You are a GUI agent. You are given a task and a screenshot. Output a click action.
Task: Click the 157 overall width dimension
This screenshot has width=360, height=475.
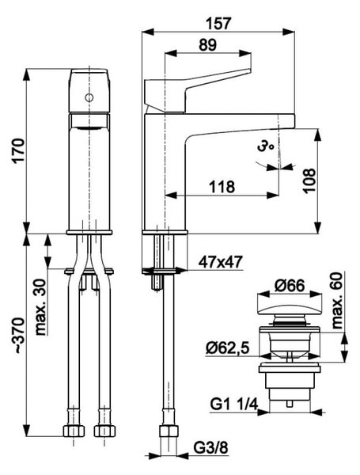218,24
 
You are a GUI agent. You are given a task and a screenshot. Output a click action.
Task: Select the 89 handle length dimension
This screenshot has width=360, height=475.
208,45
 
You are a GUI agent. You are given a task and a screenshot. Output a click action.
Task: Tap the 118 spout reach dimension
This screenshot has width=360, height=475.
222,187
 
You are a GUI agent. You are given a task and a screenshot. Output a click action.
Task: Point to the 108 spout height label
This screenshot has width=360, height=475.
309,180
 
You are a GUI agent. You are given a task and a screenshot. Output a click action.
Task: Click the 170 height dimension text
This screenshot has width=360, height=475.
19,151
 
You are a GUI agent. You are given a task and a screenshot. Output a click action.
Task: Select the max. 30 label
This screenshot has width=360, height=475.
41,307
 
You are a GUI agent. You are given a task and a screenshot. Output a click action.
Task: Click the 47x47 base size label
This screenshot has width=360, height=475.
221,262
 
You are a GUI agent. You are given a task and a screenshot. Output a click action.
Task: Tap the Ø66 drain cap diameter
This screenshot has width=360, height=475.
289,285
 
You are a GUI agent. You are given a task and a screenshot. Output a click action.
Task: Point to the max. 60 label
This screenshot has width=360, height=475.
337,301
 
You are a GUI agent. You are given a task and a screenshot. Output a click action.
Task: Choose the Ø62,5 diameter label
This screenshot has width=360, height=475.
227,348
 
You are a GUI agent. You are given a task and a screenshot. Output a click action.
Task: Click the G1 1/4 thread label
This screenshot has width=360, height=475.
233,404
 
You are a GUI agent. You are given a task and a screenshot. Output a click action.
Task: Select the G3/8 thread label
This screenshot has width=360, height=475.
210,448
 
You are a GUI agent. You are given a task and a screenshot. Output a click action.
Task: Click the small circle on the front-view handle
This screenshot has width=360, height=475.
89,98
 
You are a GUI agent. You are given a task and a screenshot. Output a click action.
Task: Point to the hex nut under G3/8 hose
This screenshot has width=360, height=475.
169,431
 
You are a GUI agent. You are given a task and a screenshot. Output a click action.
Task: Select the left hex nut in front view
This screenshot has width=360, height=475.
74,431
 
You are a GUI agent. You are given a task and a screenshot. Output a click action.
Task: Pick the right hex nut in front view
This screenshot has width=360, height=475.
104,431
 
